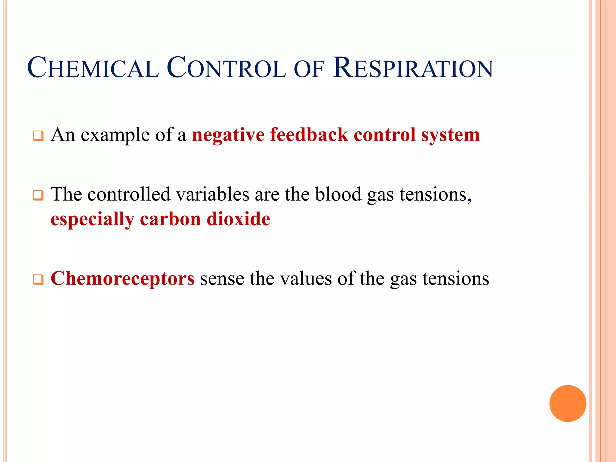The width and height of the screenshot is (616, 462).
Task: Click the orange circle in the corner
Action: [568, 403]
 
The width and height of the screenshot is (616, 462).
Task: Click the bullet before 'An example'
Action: [38, 136]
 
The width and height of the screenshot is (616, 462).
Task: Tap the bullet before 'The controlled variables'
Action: [38, 196]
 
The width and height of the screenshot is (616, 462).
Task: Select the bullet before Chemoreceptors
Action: [38, 280]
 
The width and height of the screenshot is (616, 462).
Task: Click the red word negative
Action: [228, 135]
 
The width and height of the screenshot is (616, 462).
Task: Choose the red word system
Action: [450, 135]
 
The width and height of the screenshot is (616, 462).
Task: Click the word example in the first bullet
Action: [115, 135]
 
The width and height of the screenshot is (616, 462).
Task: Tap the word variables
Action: [212, 194]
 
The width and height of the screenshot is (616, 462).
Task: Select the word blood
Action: [338, 194]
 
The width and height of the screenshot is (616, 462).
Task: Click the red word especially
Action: [92, 220]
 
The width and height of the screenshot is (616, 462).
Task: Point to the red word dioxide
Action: [239, 219]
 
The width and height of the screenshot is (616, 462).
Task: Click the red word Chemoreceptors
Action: [122, 279]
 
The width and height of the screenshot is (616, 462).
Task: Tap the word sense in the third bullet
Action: [222, 279]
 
